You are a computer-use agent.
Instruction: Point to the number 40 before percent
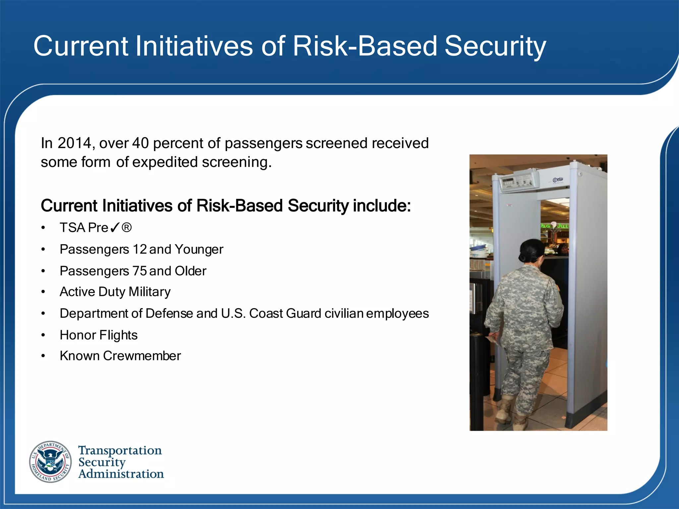pyautogui.click(x=140, y=143)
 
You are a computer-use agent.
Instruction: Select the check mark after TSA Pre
pyautogui.click(x=114, y=228)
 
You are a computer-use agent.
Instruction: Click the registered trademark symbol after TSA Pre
pyautogui.click(x=127, y=228)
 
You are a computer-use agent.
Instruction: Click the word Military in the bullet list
pyautogui.click(x=150, y=292)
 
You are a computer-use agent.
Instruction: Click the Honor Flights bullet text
pyautogui.click(x=98, y=335)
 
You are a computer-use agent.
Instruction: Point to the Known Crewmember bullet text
pyautogui.click(x=120, y=356)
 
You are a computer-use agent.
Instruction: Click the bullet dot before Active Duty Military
pyautogui.click(x=43, y=292)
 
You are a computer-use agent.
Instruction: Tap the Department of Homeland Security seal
pyautogui.click(x=50, y=462)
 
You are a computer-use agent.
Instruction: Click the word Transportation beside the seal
pyautogui.click(x=120, y=450)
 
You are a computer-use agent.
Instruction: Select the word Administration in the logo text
pyautogui.click(x=121, y=474)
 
